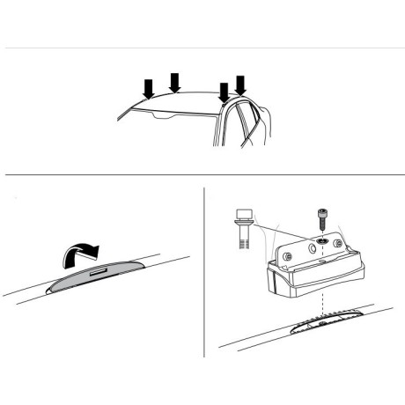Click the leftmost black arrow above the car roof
coord(148,88)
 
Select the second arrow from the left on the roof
coord(174,82)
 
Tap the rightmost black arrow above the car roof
coord(240,85)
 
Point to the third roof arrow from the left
coord(224,92)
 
